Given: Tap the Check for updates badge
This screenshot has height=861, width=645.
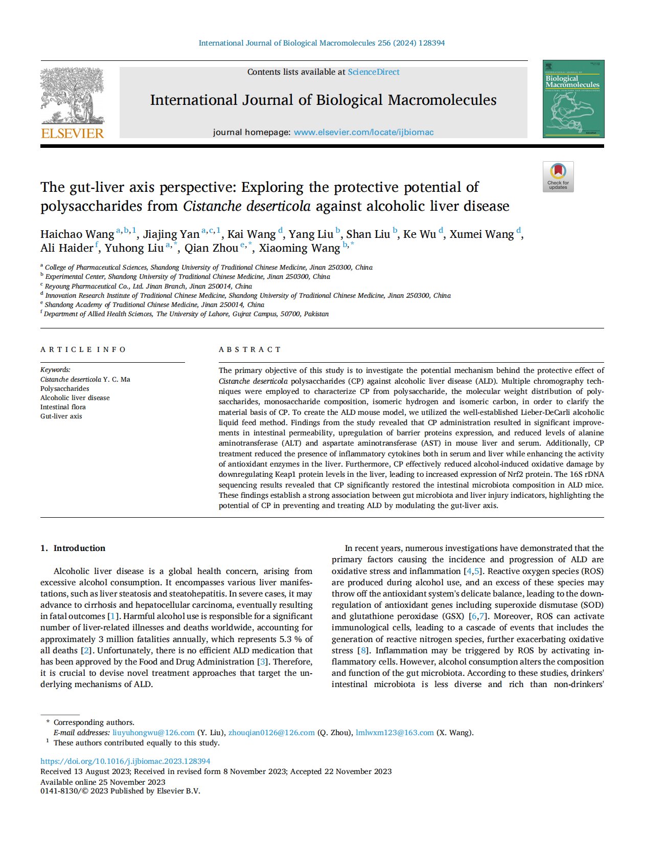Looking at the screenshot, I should click(558, 176).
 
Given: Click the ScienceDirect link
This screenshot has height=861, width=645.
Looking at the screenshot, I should click(374, 72).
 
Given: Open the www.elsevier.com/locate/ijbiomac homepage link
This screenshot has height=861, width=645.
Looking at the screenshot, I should click(363, 133).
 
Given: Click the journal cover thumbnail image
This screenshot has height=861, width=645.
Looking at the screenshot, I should click(573, 99).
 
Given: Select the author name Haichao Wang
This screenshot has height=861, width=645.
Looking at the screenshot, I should click(77, 234).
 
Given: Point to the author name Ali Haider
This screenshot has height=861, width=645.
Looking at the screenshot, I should click(67, 248).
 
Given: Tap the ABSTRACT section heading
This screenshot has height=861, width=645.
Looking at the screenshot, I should click(249, 349).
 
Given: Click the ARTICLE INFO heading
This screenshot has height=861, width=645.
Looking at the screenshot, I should click(83, 349).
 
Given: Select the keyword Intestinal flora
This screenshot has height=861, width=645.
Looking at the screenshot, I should click(63, 407).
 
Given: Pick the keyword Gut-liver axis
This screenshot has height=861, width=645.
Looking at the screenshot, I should click(61, 416).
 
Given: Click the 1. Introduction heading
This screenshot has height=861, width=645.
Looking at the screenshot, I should click(73, 548).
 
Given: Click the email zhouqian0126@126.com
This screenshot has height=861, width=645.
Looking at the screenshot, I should click(271, 733).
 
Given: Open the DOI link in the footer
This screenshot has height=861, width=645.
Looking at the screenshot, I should click(125, 761).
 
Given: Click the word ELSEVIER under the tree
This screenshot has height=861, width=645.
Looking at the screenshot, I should click(72, 134).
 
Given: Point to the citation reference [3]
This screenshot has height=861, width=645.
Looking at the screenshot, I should click(262, 661).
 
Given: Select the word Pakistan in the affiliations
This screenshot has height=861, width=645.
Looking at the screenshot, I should click(316, 314).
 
